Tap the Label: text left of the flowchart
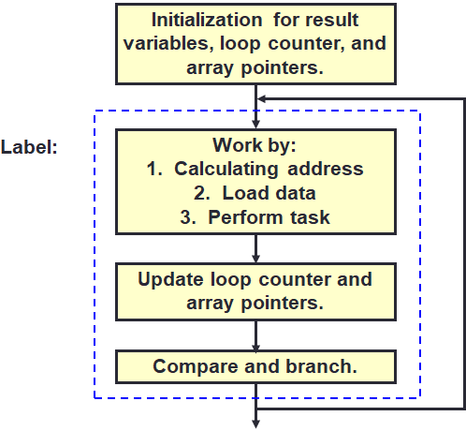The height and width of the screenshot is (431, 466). [30, 147]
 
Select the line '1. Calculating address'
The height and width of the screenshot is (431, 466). [255, 169]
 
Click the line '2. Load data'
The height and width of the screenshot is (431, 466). [255, 193]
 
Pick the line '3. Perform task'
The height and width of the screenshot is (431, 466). [255, 216]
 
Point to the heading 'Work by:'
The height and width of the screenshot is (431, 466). [255, 145]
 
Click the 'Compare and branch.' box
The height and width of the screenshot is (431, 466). [255, 366]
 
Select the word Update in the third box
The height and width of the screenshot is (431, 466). [170, 279]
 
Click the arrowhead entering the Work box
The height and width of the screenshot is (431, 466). [255, 122]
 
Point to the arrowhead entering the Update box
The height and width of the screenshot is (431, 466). [255, 257]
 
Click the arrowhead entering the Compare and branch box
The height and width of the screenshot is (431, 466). [255, 343]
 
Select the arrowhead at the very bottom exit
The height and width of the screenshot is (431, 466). [255, 423]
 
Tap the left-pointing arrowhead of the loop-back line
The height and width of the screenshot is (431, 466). [263, 97]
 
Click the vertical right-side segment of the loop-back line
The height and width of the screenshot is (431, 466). [463, 253]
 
